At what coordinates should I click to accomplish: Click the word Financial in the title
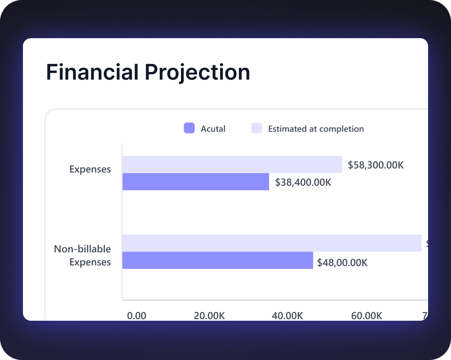92,72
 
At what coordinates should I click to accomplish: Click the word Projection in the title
197,72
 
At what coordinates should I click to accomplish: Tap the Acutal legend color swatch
189,128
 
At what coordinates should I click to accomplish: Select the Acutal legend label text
213,129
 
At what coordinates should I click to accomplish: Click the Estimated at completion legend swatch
257,128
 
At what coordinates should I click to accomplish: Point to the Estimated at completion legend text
316,129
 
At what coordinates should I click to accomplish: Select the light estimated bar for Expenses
232,164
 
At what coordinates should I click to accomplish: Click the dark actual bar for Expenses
195,181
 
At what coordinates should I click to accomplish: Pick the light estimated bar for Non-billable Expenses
272,243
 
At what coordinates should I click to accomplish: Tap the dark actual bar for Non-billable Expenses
217,260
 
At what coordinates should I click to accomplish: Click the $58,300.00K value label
376,165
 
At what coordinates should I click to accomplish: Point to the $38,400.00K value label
303,182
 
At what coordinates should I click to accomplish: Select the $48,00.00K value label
342,263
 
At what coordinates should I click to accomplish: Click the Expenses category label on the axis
90,169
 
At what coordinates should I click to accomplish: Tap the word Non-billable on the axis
82,249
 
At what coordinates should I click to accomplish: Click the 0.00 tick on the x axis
137,315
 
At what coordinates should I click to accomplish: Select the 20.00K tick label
209,315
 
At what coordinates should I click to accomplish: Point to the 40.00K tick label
287,315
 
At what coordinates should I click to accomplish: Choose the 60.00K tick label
367,315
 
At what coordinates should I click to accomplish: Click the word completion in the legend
341,129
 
